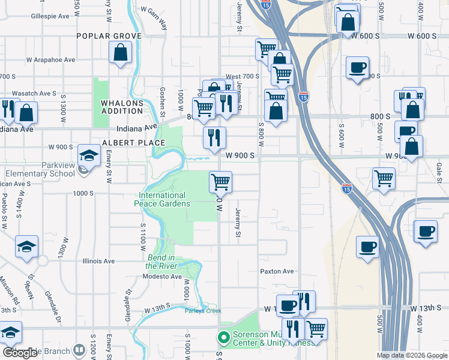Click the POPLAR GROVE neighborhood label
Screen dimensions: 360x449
109,36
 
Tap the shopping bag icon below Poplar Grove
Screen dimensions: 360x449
121,53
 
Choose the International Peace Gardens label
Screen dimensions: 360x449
162,199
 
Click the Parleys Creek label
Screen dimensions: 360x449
203,310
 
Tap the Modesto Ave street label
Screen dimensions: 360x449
162,277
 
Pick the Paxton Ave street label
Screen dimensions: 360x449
277,271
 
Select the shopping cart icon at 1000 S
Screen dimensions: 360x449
220,181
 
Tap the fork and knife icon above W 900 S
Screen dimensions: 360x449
214,138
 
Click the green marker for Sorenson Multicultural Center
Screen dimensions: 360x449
224,338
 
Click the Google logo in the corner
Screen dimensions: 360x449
20,353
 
